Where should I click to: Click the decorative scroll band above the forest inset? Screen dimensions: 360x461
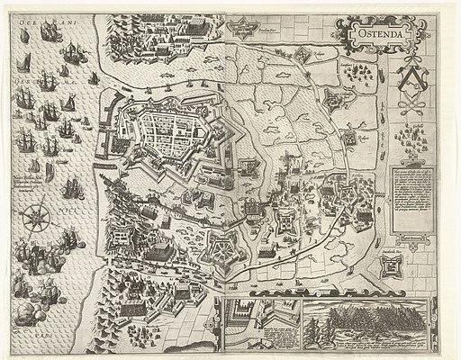point(365,300)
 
